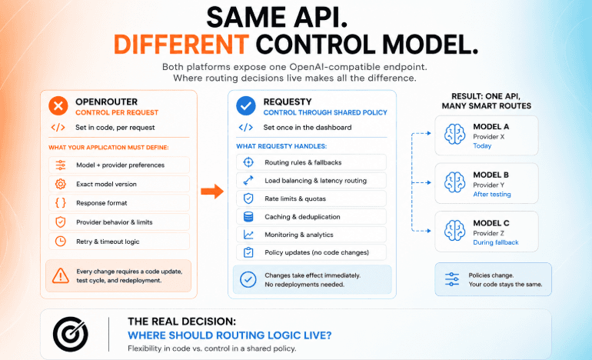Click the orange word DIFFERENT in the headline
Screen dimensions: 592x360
(x=181, y=44)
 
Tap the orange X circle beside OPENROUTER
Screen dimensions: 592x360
(x=58, y=106)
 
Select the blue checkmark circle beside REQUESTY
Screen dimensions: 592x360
(x=246, y=106)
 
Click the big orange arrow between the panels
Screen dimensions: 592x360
(x=212, y=191)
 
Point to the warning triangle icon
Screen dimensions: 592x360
(x=61, y=275)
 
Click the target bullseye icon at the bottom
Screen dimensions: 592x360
(x=71, y=334)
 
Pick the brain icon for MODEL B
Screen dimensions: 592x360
(x=454, y=182)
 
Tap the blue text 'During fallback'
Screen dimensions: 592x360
(x=496, y=242)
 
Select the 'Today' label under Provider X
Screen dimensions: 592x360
(x=482, y=146)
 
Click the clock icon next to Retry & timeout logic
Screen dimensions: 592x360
(x=61, y=242)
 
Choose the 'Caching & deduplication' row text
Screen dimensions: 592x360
(x=302, y=217)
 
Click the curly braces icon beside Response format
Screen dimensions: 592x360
(x=61, y=203)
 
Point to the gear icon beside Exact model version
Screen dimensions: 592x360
(x=61, y=184)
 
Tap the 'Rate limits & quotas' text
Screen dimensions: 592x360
(x=295, y=198)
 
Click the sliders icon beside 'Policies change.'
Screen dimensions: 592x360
(x=452, y=279)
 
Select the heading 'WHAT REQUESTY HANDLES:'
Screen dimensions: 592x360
(x=281, y=146)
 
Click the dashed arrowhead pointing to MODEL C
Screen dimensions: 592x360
(x=428, y=231)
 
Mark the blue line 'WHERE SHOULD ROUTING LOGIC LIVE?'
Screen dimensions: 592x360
(x=230, y=335)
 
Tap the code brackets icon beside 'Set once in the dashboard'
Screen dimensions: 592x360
(x=246, y=127)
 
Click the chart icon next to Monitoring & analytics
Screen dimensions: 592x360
(x=248, y=235)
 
